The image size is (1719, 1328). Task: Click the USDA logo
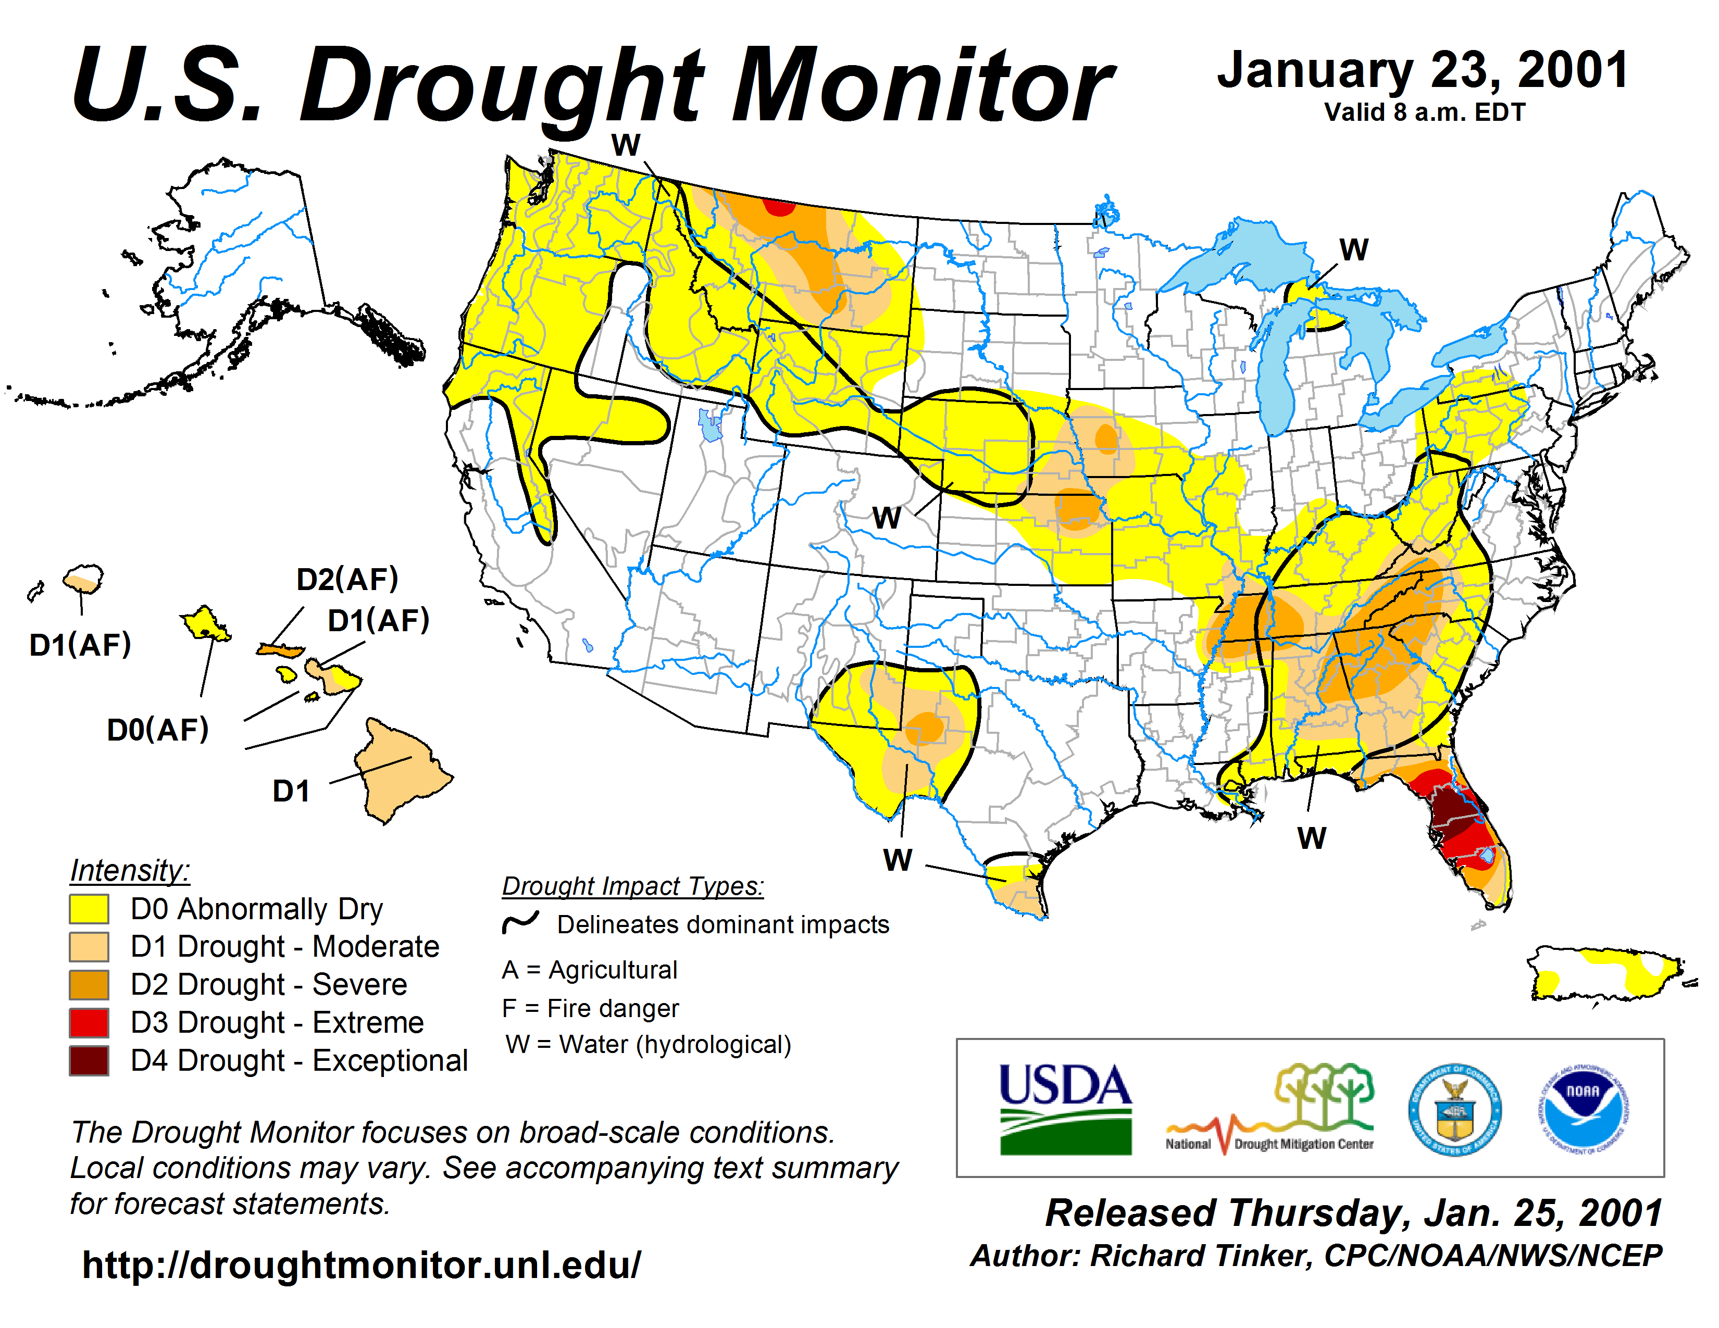1065,1109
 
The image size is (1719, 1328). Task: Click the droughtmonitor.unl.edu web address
362,1265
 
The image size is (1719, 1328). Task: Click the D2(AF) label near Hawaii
347,580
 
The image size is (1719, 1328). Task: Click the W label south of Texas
898,860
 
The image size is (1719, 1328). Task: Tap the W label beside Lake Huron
1354,250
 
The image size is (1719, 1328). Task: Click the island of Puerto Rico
1605,975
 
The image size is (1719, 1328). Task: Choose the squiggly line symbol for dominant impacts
520,922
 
